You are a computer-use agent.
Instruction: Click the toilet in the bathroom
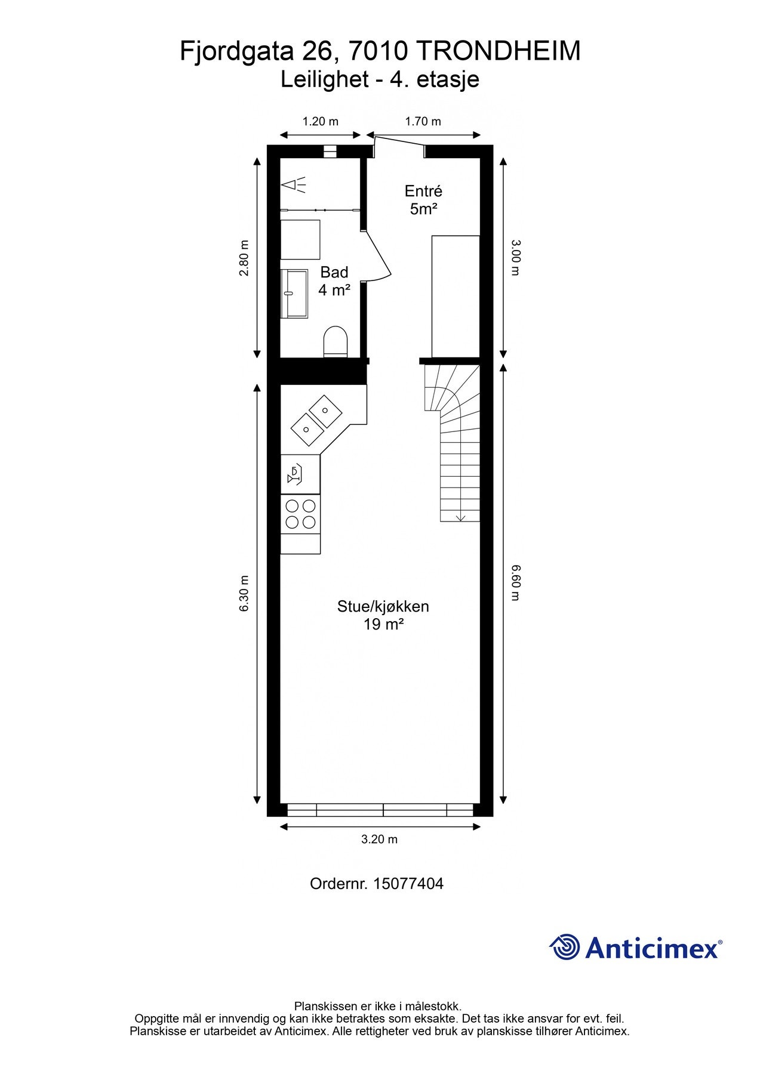pyautogui.click(x=335, y=342)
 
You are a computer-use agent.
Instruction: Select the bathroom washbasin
pyautogui.click(x=294, y=294)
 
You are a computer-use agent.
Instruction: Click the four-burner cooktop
pyautogui.click(x=300, y=514)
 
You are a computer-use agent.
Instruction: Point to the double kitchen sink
pyautogui.click(x=316, y=419)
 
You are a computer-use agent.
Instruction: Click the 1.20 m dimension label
pyautogui.click(x=320, y=122)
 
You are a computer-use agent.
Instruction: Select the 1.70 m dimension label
pyautogui.click(x=423, y=122)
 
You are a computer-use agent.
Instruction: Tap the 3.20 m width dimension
pyautogui.click(x=379, y=839)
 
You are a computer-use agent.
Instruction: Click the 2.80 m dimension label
pyautogui.click(x=244, y=258)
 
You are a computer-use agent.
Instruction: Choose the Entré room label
pyautogui.click(x=423, y=191)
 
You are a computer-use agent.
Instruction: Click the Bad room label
pyautogui.click(x=334, y=272)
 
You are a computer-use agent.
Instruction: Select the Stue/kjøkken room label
pyautogui.click(x=383, y=606)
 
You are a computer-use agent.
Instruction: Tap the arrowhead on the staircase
pyautogui.click(x=460, y=517)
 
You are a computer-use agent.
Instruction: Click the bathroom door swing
pyautogui.click(x=379, y=257)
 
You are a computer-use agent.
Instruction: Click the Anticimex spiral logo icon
pyautogui.click(x=564, y=947)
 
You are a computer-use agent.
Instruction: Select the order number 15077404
pyautogui.click(x=408, y=884)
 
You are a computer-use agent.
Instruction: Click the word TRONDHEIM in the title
pyautogui.click(x=498, y=51)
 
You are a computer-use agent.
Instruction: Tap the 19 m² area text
pyautogui.click(x=383, y=625)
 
